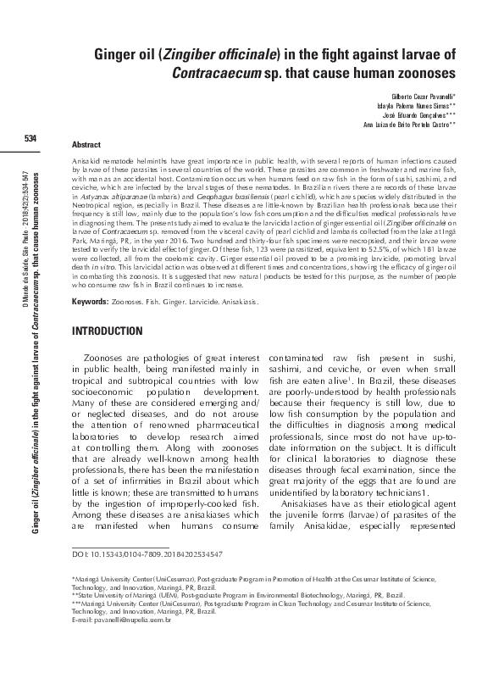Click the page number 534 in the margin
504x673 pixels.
30,138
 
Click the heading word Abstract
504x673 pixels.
87,146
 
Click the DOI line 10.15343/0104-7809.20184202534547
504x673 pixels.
148,553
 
